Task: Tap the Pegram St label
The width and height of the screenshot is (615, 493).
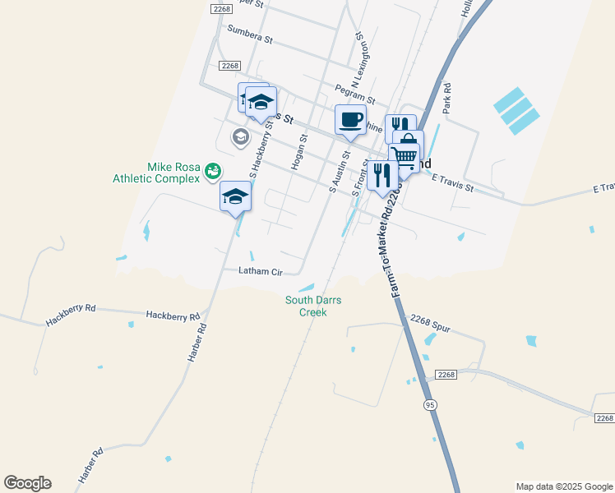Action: click(x=355, y=94)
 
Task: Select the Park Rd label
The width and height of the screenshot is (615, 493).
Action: click(x=446, y=98)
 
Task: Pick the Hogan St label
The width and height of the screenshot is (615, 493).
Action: click(x=298, y=153)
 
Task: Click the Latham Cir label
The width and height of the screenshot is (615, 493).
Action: click(x=260, y=271)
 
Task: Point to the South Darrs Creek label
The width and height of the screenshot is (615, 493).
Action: click(x=313, y=306)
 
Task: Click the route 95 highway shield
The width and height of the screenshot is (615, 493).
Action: click(x=430, y=406)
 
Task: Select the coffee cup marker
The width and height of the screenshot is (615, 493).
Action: click(x=350, y=120)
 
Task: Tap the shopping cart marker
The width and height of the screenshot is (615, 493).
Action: click(x=404, y=156)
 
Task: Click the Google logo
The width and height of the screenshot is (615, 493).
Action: click(x=27, y=483)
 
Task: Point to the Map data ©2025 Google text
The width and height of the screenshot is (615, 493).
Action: click(x=564, y=486)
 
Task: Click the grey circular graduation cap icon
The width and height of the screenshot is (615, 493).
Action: click(x=241, y=136)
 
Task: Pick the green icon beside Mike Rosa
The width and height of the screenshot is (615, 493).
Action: click(x=213, y=170)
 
